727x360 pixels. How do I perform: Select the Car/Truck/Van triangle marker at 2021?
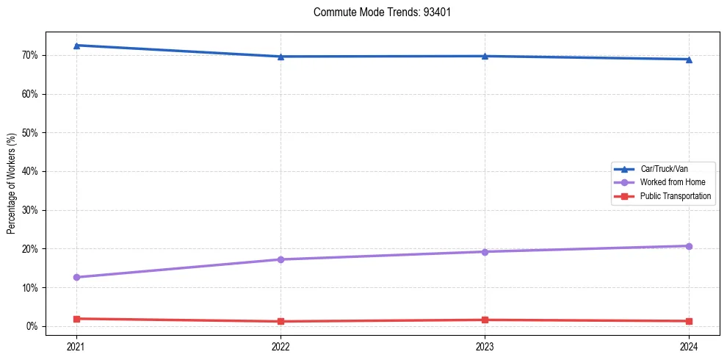tap(76, 46)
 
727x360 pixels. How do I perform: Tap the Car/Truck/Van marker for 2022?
tap(281, 57)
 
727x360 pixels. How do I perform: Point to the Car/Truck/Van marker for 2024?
tap(689, 60)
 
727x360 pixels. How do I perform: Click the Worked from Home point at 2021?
tap(76, 277)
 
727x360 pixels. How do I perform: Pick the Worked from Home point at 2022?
tap(281, 259)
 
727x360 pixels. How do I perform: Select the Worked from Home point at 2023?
tap(485, 252)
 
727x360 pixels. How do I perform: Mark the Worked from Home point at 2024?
tap(689, 246)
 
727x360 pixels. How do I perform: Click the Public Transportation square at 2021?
tap(76, 319)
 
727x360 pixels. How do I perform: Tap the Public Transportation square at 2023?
tap(485, 320)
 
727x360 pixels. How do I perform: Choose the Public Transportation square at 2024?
tap(689, 321)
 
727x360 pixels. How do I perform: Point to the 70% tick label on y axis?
tap(30, 56)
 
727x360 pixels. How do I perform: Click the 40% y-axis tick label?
tap(30, 172)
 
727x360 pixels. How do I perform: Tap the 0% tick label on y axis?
tap(32, 326)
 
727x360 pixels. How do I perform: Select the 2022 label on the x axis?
tap(281, 346)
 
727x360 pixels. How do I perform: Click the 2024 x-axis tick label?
tap(689, 346)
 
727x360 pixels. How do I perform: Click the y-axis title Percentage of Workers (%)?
tap(12, 184)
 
